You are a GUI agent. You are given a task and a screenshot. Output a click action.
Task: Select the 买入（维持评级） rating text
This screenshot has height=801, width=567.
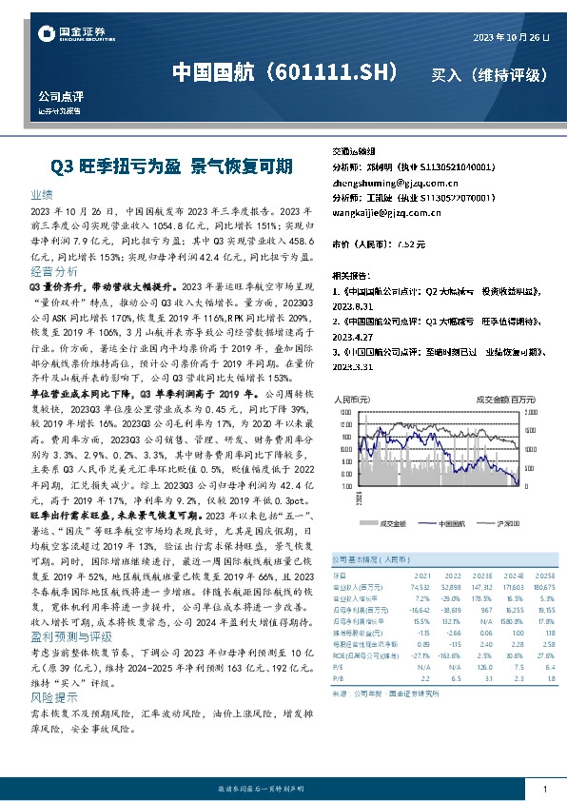coord(489,73)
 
